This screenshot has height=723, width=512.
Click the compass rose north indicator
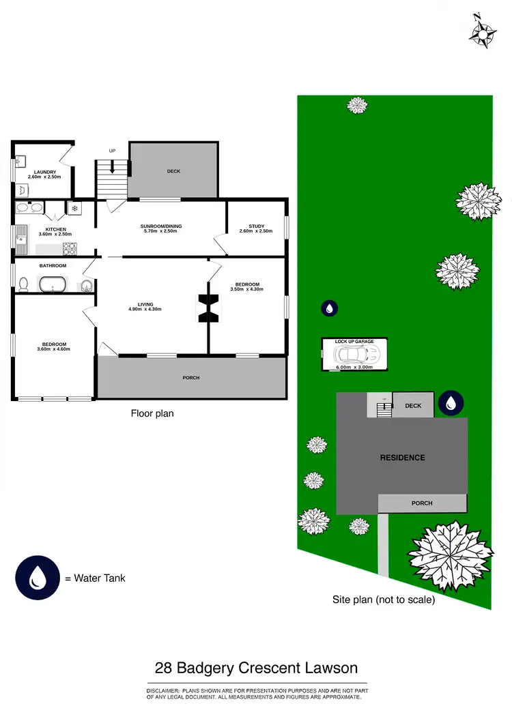[x=483, y=31]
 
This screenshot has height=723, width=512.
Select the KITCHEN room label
[x=55, y=229]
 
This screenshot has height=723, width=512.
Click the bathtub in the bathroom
[x=55, y=284]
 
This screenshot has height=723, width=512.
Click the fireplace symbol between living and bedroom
[x=208, y=307]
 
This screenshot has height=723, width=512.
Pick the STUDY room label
[x=256, y=226]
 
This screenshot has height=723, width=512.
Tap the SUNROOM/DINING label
[x=161, y=226]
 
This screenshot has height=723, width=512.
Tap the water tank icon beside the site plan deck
[x=451, y=404]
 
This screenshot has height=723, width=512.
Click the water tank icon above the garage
[x=330, y=308]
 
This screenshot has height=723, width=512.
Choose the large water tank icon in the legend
[x=36, y=578]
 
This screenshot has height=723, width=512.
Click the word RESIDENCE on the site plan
[x=402, y=458]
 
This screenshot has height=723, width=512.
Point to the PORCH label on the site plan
[x=422, y=503]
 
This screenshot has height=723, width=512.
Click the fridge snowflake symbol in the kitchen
[x=75, y=207]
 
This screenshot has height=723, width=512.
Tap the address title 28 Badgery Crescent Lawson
[x=256, y=668]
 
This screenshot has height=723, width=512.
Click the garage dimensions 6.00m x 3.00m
[x=354, y=368]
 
